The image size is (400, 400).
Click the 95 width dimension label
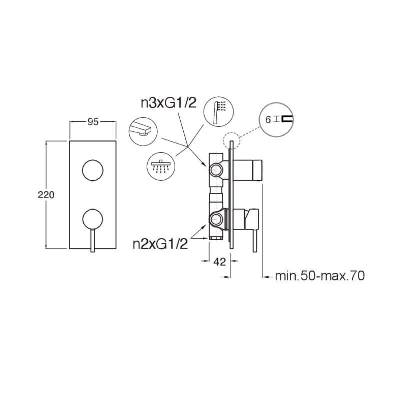[93, 122]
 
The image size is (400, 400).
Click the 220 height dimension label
[46, 195]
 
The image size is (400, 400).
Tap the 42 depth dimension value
[220, 262]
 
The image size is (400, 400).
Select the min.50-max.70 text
[320, 276]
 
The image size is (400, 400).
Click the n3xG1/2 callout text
[169, 103]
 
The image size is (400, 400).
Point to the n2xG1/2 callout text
[160, 244]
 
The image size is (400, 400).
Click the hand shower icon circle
[219, 111]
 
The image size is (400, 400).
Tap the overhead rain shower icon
[161, 166]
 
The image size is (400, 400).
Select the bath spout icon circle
[143, 132]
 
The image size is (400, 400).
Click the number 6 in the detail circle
[268, 120]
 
